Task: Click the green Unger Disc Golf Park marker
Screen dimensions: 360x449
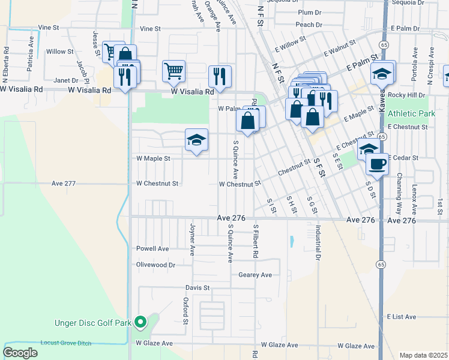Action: (140, 323)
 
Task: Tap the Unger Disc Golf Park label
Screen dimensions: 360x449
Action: (93, 323)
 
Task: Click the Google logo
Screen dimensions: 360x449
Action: (20, 352)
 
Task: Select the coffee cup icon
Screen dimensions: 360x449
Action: (376, 163)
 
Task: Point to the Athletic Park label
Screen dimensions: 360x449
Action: (411, 114)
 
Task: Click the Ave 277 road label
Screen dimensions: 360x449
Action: (64, 184)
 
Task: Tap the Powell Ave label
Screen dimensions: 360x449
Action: (152, 248)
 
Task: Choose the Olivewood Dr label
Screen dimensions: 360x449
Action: (155, 264)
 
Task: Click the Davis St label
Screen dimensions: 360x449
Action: (197, 288)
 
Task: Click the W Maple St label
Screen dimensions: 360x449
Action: (154, 159)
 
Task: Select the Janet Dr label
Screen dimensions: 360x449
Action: (66, 80)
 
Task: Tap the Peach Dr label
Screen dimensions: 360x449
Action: (310, 25)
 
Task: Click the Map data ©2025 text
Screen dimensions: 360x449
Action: (423, 355)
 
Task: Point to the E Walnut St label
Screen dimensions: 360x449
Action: (340, 49)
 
